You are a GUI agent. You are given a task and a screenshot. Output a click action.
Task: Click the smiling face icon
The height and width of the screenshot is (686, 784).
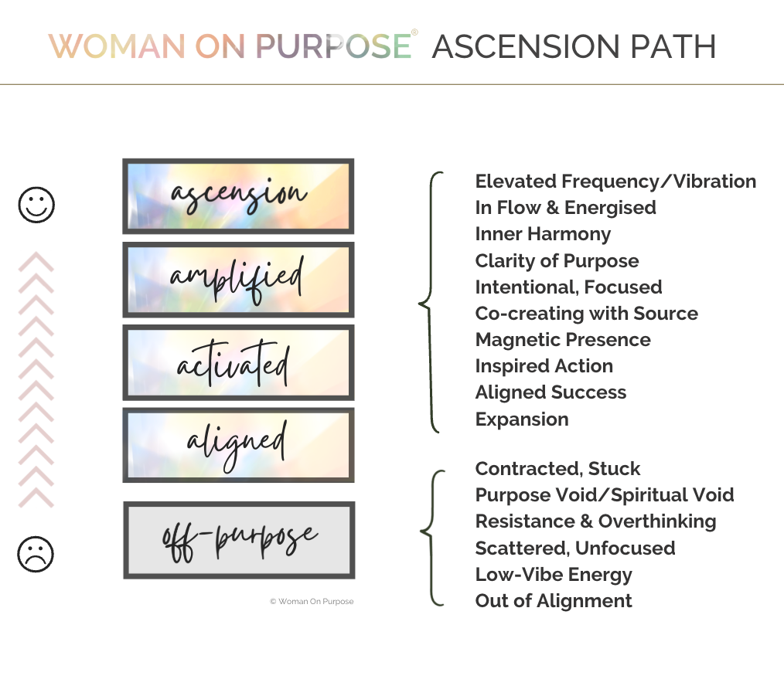click(36, 205)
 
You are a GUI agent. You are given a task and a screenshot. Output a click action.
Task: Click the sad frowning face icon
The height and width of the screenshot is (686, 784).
click(36, 554)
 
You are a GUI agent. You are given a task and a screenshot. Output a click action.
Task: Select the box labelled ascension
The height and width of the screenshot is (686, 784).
click(238, 196)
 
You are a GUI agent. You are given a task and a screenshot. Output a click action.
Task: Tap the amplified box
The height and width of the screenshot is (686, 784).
click(238, 279)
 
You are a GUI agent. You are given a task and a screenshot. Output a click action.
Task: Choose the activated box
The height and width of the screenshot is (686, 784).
click(238, 362)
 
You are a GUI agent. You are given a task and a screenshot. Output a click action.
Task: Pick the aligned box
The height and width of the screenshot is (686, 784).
click(238, 444)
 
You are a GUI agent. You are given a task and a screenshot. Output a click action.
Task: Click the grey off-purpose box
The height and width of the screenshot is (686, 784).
click(239, 539)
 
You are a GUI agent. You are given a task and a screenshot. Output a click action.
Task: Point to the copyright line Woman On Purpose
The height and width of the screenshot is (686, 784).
click(312, 601)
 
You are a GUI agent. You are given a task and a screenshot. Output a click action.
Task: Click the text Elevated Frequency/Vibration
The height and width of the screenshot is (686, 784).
click(615, 182)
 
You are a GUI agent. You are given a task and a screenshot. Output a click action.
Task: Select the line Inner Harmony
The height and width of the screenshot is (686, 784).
click(543, 234)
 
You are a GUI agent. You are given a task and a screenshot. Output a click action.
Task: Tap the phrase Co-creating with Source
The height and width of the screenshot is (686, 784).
click(586, 314)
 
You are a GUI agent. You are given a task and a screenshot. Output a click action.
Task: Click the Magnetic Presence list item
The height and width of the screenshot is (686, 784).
click(563, 340)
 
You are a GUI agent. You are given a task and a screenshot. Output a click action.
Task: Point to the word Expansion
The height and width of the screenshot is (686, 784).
click(522, 419)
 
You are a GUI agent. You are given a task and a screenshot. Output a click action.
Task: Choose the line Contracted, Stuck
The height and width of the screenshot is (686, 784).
click(557, 469)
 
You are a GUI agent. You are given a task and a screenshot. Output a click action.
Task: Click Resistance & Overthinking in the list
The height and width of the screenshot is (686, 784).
click(595, 521)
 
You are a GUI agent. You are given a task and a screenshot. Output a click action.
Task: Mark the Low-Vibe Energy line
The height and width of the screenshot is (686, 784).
click(554, 575)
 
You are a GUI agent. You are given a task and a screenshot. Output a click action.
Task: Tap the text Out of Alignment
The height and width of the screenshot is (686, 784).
click(554, 601)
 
